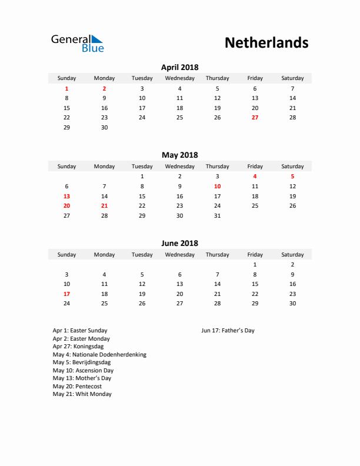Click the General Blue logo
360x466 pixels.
[77, 43]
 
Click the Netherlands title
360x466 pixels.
[266, 43]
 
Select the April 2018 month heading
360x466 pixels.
[179, 68]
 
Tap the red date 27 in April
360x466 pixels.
[255, 118]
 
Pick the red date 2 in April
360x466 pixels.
[104, 88]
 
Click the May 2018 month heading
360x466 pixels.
[179, 155]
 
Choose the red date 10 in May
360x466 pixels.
[217, 186]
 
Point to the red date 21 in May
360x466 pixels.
[104, 206]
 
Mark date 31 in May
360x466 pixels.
[217, 216]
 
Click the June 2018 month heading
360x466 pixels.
[179, 243]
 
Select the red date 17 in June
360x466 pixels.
[66, 294]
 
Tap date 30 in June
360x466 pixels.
[292, 304]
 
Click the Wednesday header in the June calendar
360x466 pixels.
[179, 255]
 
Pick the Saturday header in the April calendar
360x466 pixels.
[292, 78]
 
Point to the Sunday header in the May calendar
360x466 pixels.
[66, 167]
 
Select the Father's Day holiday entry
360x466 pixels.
[228, 331]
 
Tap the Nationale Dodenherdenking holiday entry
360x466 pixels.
[99, 355]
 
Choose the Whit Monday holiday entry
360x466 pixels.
[82, 394]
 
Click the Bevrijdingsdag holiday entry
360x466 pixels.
[81, 362]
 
